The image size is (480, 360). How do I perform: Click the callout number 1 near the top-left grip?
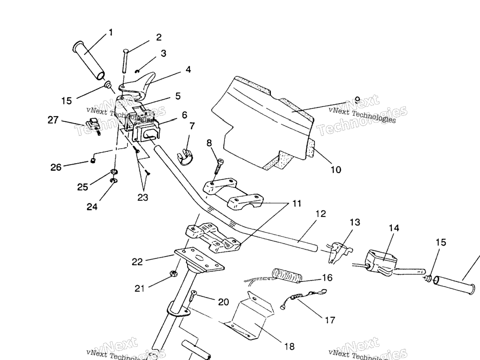111,32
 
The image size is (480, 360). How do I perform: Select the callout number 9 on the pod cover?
357,99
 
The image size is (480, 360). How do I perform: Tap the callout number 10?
336,170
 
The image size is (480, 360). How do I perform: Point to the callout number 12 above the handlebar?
320,214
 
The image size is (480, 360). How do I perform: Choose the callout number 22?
137,262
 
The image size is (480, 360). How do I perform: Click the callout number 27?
53,120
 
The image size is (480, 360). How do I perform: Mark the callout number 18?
290,346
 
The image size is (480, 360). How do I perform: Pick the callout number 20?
224,302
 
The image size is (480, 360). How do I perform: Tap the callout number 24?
92,206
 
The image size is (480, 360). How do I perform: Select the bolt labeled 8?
219,165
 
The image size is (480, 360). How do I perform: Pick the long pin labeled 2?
125,60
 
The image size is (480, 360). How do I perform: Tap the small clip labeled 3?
137,71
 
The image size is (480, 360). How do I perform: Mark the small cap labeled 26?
93,161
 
